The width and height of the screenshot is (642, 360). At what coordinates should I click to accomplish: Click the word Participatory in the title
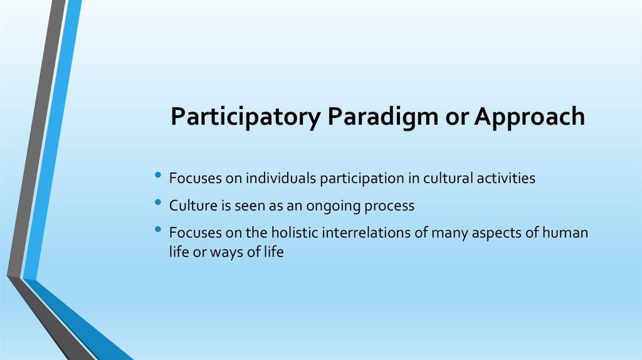246,117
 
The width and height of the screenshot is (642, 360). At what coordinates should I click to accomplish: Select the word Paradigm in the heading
383,117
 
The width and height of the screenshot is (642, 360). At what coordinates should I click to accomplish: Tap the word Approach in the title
530,117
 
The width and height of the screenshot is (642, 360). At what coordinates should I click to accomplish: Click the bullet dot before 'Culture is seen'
158,202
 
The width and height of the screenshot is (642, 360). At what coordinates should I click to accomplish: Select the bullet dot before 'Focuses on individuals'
158,175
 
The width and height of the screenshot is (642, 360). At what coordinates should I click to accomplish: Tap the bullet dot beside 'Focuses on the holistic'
158,230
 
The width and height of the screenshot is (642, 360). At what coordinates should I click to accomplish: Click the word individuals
281,178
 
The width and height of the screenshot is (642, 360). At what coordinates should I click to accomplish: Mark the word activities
506,178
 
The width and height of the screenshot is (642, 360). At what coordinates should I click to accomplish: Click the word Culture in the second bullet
193,206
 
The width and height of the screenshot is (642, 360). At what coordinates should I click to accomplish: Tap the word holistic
295,233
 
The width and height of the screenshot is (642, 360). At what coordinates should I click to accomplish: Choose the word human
565,233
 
